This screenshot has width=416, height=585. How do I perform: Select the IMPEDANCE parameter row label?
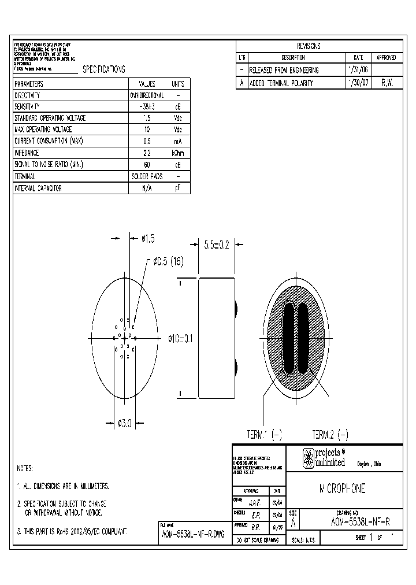pyautogui.click(x=27, y=153)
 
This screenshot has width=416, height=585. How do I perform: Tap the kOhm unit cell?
pyautogui.click(x=177, y=153)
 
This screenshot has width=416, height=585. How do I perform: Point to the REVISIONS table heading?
pyautogui.click(x=309, y=46)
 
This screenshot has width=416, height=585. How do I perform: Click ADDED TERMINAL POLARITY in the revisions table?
pyautogui.click(x=281, y=83)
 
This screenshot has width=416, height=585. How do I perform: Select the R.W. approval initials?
pyautogui.click(x=387, y=83)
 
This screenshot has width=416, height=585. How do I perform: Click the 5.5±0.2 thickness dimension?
pyautogui.click(x=216, y=245)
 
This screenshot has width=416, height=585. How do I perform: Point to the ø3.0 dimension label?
pyautogui.click(x=124, y=423)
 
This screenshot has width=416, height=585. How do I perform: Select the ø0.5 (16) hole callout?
pyautogui.click(x=168, y=261)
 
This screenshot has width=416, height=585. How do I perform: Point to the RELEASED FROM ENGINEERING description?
pyautogui.click(x=283, y=70)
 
